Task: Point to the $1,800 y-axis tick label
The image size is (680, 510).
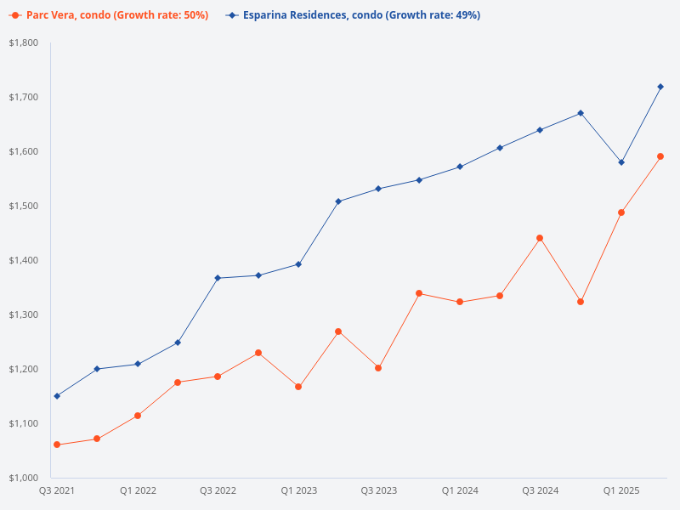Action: click(23, 42)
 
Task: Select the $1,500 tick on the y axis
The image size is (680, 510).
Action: click(23, 206)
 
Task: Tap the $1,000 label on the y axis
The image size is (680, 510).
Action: click(23, 478)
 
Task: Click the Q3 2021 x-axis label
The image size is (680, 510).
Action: click(57, 490)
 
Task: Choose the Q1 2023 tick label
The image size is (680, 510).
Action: click(298, 490)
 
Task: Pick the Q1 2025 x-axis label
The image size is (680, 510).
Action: click(621, 490)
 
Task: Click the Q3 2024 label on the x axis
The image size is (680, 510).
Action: click(541, 490)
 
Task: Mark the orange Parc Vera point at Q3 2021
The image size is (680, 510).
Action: click(57, 445)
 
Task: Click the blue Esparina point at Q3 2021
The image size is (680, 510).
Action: click(57, 396)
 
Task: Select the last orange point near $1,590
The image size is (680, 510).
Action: click(660, 156)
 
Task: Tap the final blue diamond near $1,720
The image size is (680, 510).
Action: click(660, 87)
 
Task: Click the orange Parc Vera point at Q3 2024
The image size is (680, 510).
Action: click(540, 238)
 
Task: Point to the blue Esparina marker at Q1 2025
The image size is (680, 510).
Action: click(621, 162)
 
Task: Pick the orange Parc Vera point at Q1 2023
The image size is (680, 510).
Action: click(298, 387)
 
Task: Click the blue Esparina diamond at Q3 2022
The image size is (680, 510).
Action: click(218, 278)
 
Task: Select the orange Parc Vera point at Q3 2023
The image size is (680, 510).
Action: click(378, 368)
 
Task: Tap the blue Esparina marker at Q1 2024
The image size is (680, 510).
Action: click(460, 167)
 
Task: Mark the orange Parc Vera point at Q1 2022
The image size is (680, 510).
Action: click(138, 416)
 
